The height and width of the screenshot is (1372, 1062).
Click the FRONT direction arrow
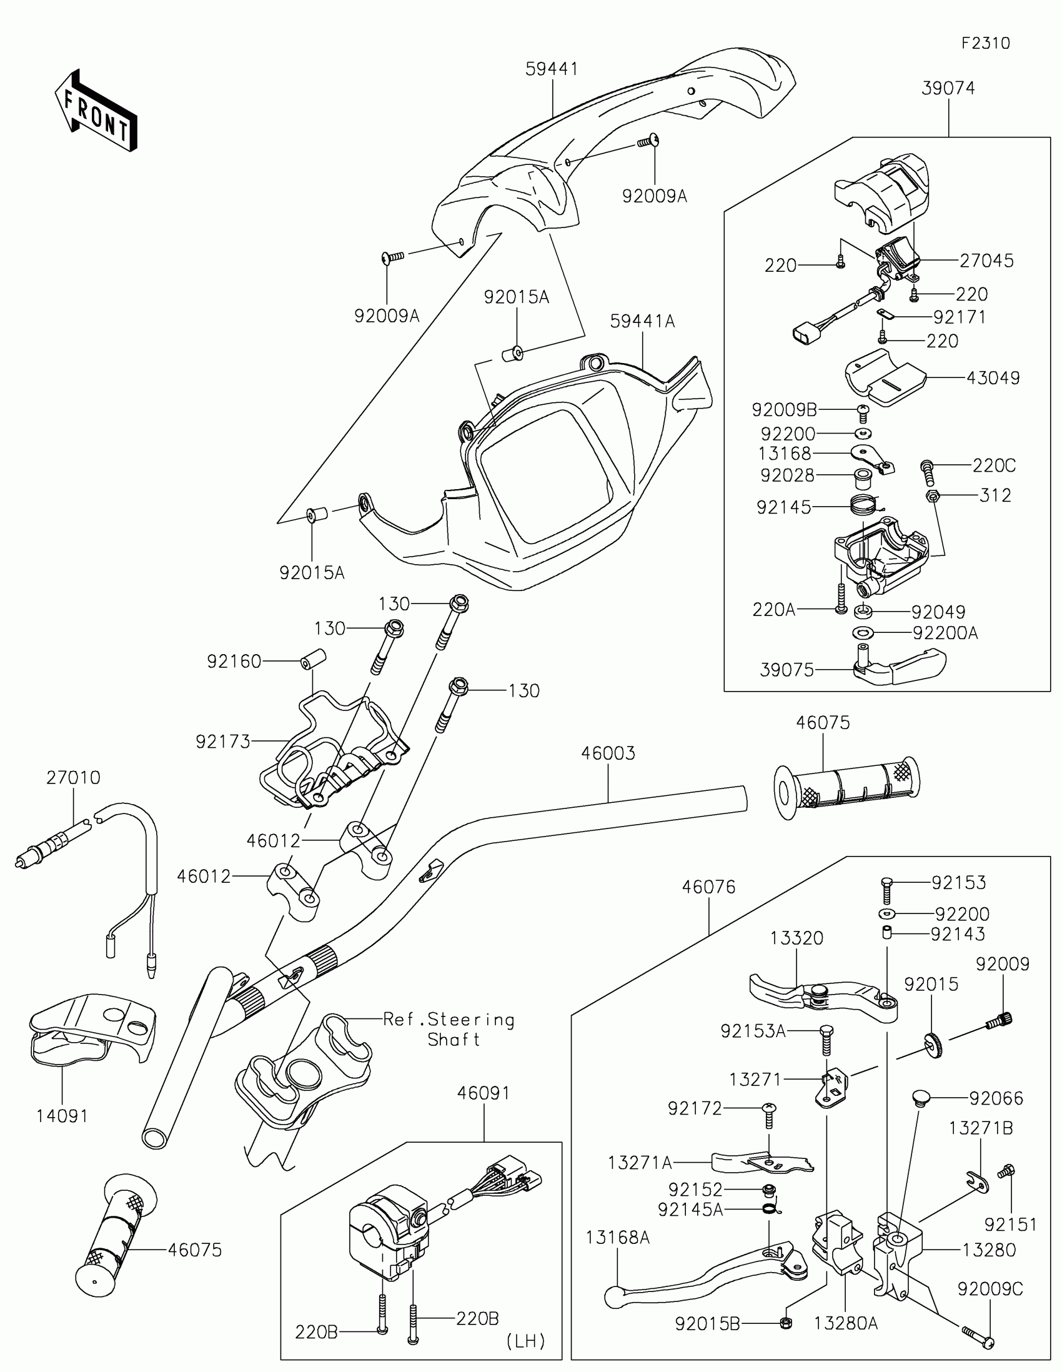(96, 111)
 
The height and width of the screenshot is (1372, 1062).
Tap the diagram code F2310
(985, 43)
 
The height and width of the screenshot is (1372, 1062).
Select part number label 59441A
(642, 322)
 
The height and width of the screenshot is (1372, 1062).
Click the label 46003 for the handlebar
(608, 753)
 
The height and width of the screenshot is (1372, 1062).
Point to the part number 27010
(73, 778)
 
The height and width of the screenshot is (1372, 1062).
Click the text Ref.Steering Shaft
(450, 1030)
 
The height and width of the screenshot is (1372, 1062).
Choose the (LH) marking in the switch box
(525, 1341)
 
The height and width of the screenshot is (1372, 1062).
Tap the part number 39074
(948, 89)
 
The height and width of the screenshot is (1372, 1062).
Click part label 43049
(993, 378)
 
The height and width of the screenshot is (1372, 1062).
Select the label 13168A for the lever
(617, 1238)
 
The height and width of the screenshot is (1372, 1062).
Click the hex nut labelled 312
(932, 496)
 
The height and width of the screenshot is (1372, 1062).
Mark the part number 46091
(484, 1093)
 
